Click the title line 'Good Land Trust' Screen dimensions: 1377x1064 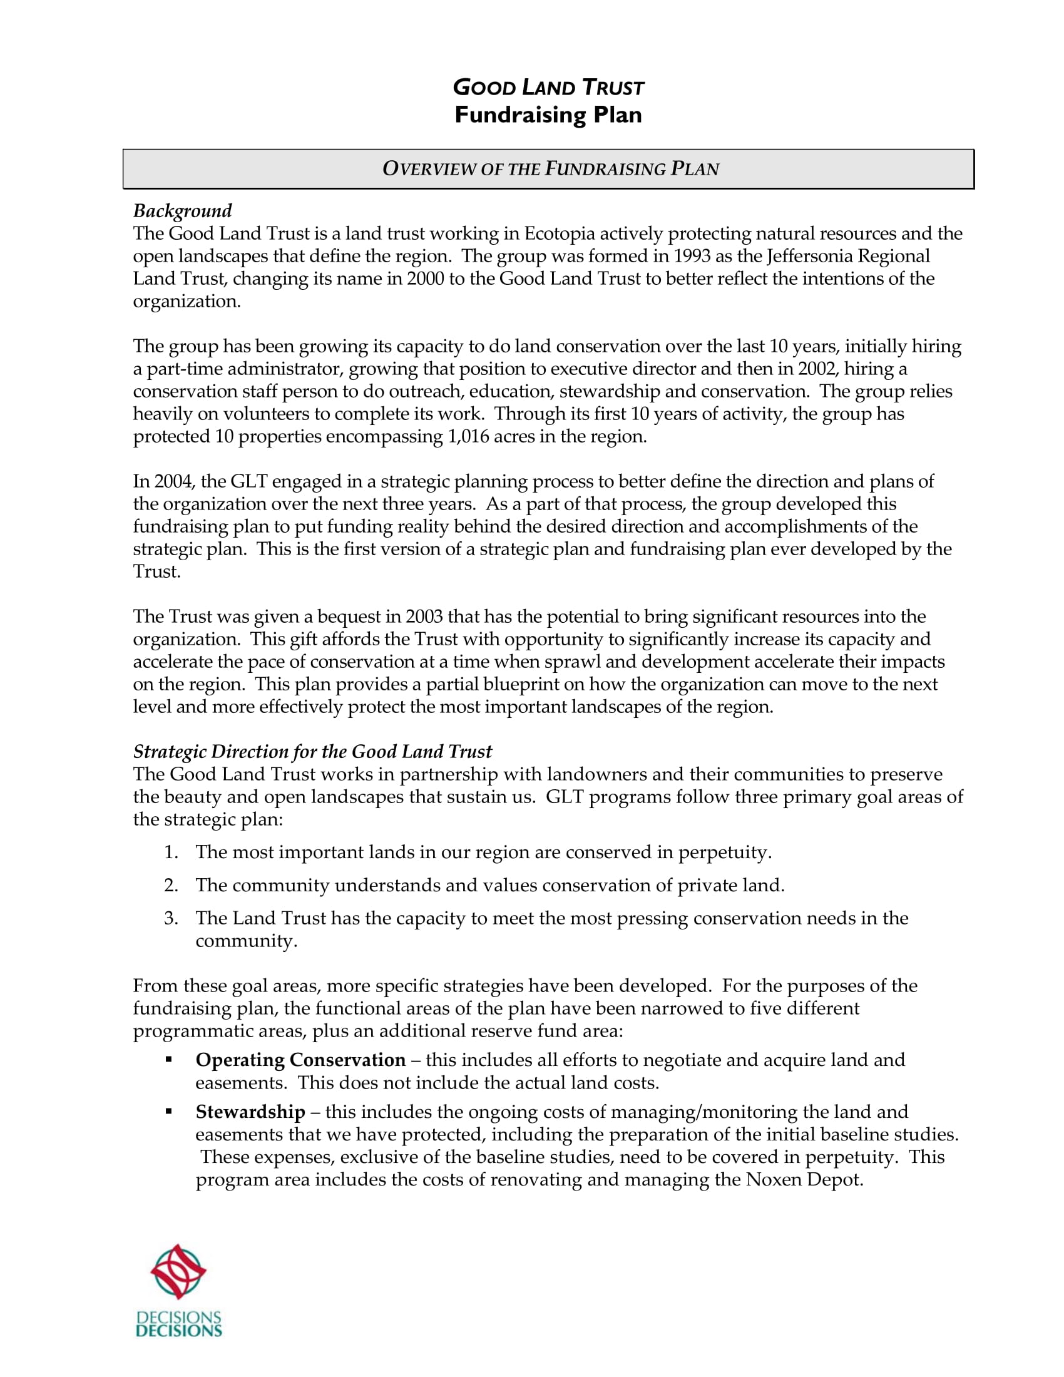[548, 87]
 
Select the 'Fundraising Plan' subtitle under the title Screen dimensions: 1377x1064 [548, 115]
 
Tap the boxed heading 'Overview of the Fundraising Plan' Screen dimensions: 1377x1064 [550, 169]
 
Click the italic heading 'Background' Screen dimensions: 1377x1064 [182, 210]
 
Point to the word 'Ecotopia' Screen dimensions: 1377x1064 [559, 234]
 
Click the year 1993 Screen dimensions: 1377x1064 [692, 257]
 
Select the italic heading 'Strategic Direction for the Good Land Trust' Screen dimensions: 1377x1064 [312, 752]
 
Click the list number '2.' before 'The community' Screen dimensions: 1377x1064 [171, 885]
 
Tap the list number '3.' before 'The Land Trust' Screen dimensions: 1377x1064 [171, 918]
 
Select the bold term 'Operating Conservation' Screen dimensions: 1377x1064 [300, 1060]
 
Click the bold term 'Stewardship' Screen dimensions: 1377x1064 [250, 1112]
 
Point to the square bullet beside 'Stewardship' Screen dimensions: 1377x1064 [168, 1112]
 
